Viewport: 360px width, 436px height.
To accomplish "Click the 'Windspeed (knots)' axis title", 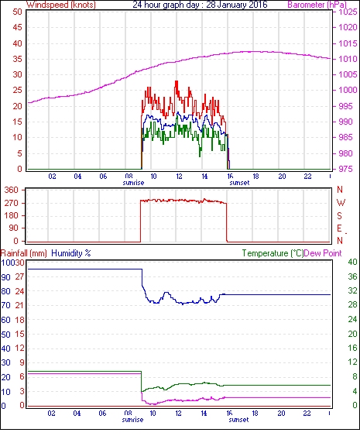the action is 61,5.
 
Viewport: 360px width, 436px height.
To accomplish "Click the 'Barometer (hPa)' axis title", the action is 317,5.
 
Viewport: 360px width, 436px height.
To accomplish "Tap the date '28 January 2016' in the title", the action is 237,5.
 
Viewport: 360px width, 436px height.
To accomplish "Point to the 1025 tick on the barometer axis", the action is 348,12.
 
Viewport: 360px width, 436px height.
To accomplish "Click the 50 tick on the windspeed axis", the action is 17,12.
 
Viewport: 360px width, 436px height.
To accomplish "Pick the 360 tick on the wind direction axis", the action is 12,191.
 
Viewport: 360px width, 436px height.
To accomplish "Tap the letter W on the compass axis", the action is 341,203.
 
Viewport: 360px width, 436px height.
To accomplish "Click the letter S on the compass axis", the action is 339,215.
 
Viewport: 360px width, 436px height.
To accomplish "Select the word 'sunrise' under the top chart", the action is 133,183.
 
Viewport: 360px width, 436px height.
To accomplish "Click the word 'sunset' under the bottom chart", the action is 238,419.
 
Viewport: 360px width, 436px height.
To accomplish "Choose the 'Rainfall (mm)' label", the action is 24,253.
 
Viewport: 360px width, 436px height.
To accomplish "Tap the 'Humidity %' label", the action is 71,253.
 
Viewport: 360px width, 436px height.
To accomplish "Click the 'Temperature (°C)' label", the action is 273,253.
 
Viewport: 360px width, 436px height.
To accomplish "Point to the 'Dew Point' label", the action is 323,253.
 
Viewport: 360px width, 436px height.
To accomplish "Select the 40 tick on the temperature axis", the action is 352,262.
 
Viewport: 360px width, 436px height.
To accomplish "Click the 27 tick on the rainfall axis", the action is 19,277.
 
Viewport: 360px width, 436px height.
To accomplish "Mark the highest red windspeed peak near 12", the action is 177,81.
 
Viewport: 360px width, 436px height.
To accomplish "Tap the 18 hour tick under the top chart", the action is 255,176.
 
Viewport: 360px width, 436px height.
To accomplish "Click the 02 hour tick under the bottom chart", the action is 51,414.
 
